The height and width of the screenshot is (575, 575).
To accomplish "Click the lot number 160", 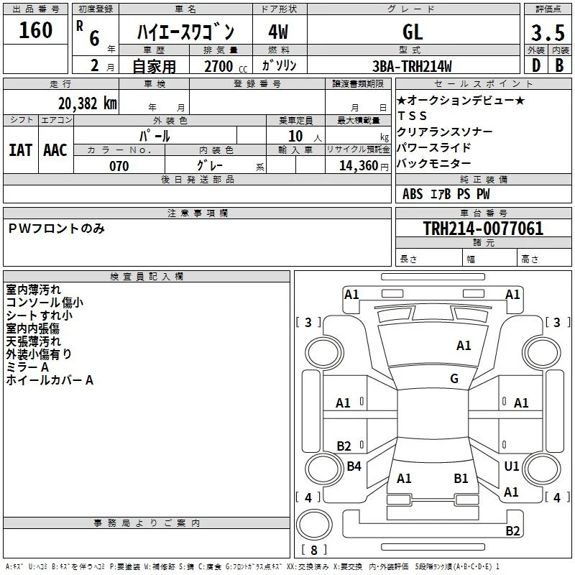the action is click(x=35, y=30).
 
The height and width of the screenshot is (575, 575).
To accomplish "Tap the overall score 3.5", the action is click(x=548, y=32).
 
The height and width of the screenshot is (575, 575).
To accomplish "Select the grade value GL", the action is click(x=413, y=32).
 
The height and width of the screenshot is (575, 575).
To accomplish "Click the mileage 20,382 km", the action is click(x=87, y=103).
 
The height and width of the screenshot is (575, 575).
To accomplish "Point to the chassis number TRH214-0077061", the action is click(x=483, y=228).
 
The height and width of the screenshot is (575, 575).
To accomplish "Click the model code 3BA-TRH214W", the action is click(x=412, y=66).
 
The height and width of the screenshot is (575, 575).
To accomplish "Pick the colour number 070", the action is click(x=119, y=166).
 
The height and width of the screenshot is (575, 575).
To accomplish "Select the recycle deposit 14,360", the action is click(x=359, y=166).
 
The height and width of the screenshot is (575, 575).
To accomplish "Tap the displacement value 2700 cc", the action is click(x=226, y=66).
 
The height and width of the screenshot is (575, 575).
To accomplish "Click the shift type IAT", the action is click(x=21, y=150).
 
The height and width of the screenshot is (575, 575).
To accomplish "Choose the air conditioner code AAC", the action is click(x=55, y=150).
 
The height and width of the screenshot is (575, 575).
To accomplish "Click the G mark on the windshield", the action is click(x=454, y=379).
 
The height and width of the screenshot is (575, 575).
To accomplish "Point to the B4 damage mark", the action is click(x=354, y=466).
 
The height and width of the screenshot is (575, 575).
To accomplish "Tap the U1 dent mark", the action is click(x=511, y=466).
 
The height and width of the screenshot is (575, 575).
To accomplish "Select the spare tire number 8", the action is click(x=314, y=550).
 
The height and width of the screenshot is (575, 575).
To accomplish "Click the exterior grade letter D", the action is click(x=536, y=65).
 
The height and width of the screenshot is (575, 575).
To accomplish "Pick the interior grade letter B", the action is click(x=559, y=65).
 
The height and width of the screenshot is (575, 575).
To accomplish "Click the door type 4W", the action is click(x=278, y=32).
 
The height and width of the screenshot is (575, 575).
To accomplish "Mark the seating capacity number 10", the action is click(x=295, y=136).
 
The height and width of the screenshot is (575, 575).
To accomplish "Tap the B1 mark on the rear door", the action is click(x=461, y=479).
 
